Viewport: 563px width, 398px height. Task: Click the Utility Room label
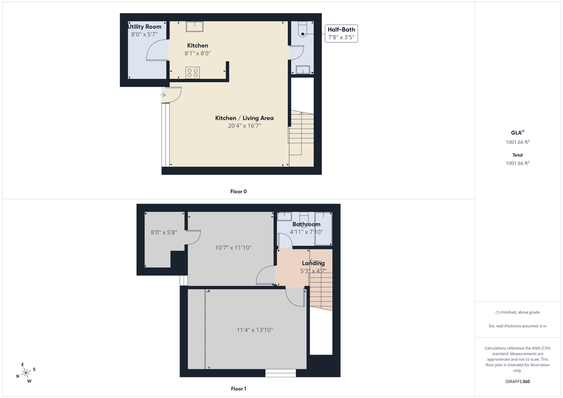pos(145,27)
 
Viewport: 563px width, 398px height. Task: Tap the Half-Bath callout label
pos(341,29)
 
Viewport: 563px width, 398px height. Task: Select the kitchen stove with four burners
pos(192,73)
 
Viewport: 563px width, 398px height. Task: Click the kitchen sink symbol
pos(195,27)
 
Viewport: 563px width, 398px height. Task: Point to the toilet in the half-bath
pos(302,29)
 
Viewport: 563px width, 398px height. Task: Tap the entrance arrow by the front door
pos(163,95)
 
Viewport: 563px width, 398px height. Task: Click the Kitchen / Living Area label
pos(244,118)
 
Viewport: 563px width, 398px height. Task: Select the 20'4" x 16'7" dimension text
pos(244,126)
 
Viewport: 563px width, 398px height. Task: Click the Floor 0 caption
pos(239,192)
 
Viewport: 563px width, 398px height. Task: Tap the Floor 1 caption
pos(239,389)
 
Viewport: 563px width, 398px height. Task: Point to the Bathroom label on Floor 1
pos(306,224)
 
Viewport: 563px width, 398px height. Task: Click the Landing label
pos(313,263)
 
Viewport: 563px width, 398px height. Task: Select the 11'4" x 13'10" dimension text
pos(255,330)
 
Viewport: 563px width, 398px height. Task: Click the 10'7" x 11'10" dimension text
pos(233,248)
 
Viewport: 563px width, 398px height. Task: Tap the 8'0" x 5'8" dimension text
pos(164,233)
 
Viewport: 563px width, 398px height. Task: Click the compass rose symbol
pos(26,373)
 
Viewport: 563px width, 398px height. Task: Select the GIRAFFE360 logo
pos(518,381)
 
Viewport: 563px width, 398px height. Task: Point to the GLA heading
pos(518,132)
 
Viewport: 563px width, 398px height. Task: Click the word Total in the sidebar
pos(518,155)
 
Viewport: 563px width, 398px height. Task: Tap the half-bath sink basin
pos(303,70)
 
